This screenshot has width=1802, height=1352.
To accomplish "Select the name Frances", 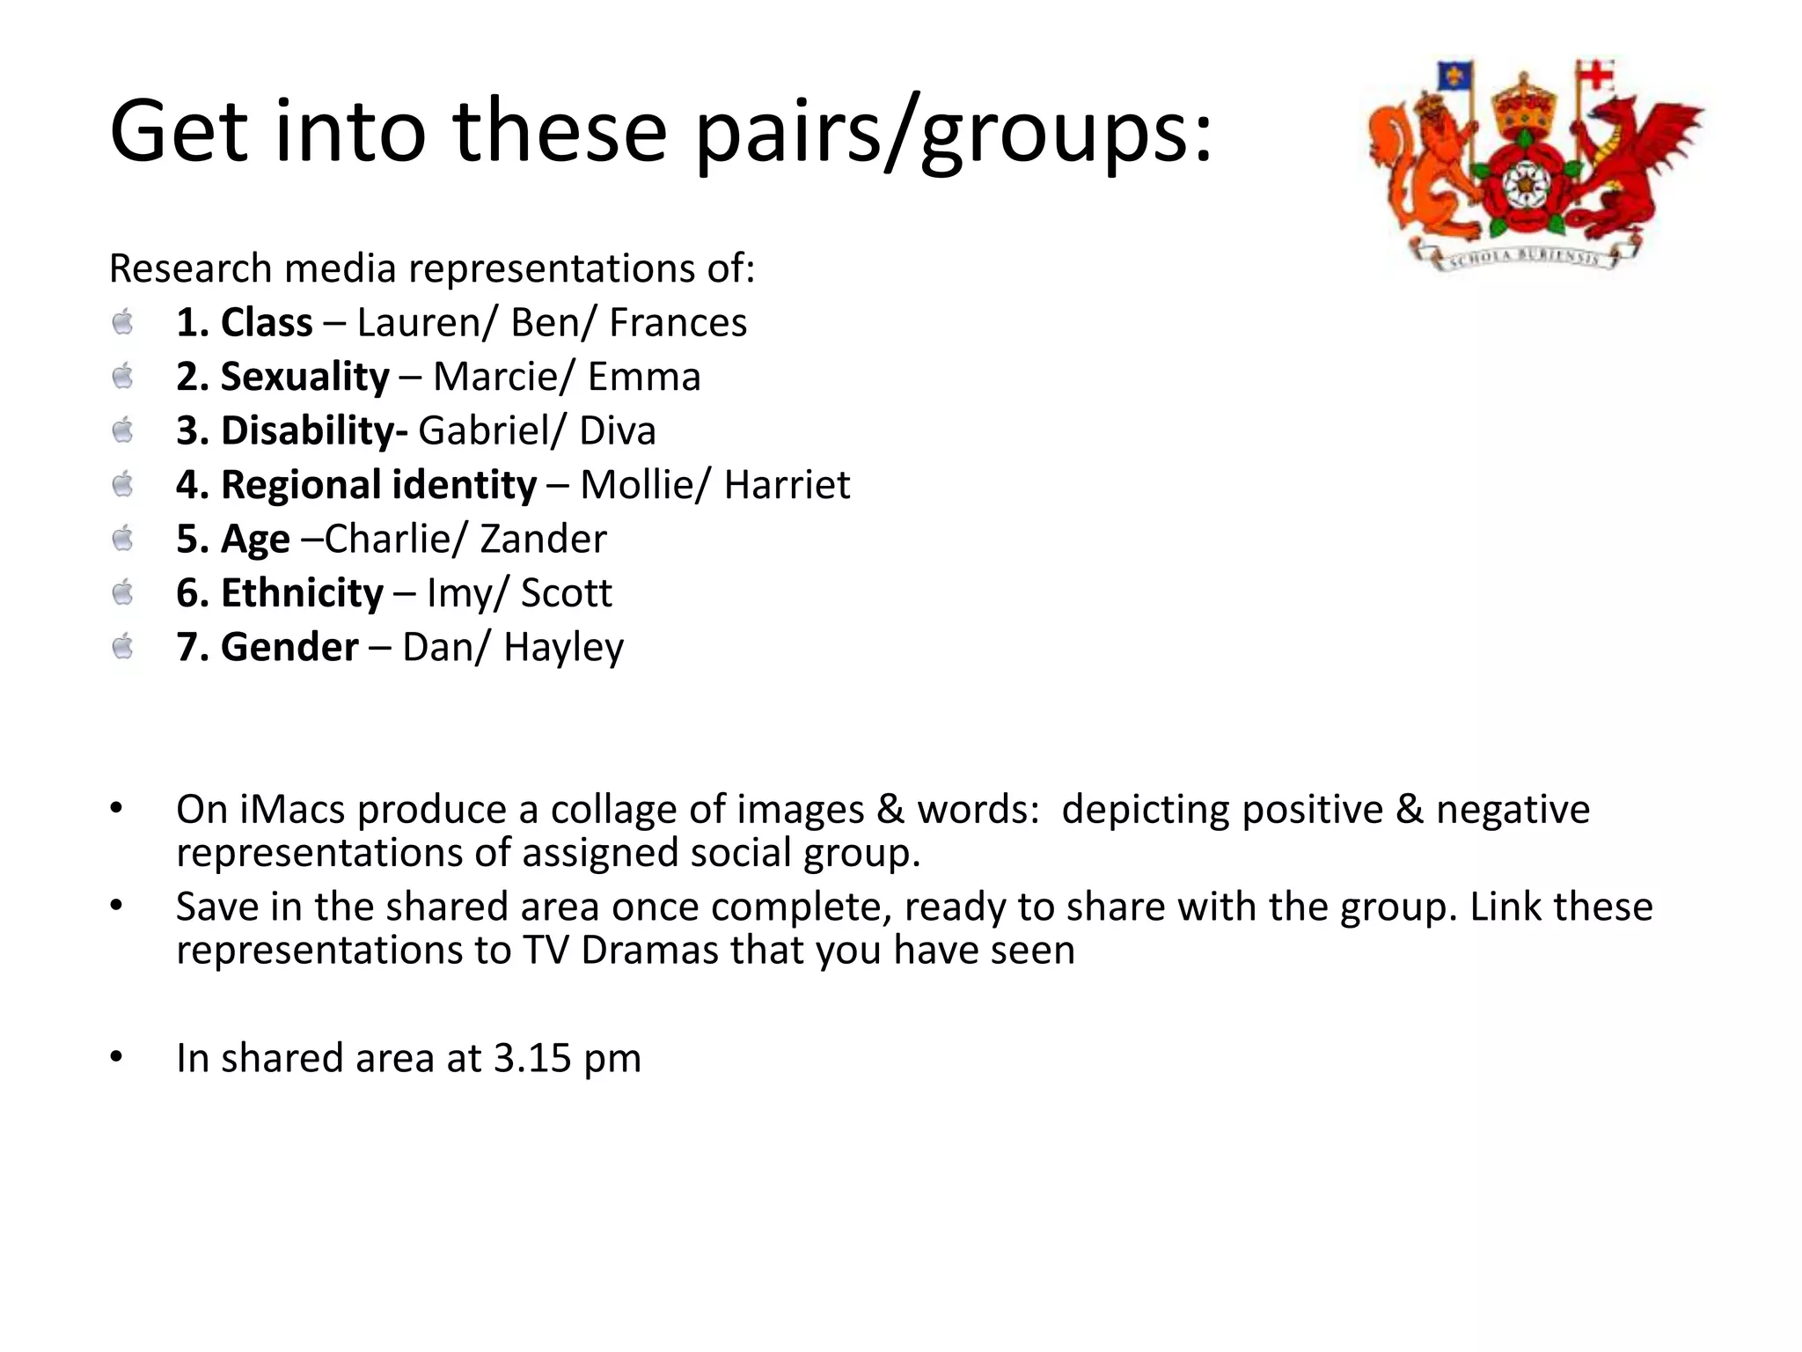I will point(678,323).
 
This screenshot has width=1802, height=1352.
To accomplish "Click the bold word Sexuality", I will point(304,378).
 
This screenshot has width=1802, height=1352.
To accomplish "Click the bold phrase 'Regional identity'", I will point(378,485).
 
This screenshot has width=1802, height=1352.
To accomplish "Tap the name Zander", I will point(543,539).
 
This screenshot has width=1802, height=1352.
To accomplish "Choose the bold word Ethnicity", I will point(302,593).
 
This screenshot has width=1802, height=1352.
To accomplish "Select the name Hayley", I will point(563,648).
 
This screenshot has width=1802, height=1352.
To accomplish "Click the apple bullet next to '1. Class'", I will point(123,322).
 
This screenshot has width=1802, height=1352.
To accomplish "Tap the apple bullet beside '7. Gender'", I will point(123,647).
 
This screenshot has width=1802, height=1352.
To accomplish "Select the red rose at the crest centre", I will point(1520,185).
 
